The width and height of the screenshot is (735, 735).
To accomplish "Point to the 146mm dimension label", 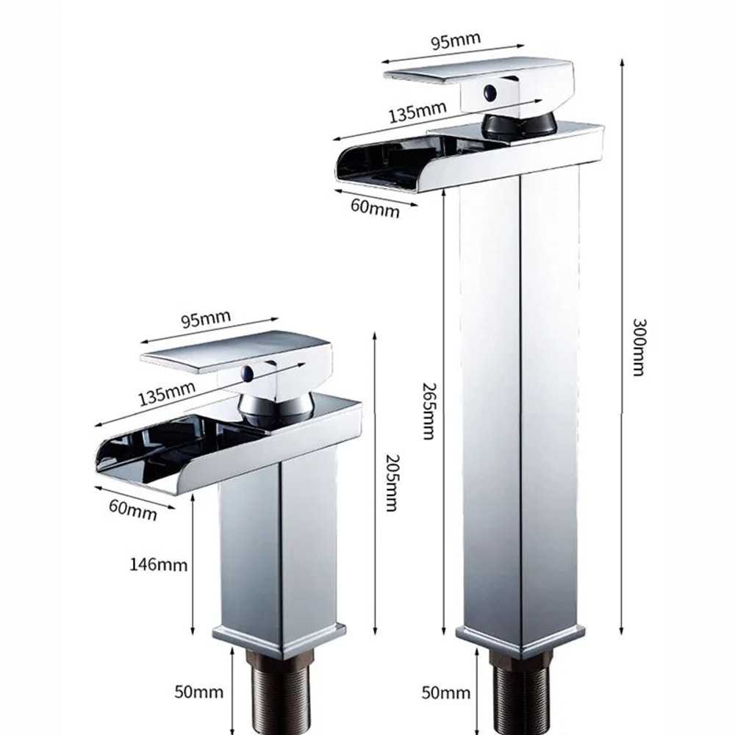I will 158,565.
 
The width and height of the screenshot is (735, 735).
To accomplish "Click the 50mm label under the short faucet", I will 198,692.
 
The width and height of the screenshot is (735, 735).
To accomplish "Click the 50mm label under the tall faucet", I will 445,692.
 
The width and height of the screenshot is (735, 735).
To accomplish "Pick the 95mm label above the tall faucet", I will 455,40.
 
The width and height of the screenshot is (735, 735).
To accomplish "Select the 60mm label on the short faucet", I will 132,508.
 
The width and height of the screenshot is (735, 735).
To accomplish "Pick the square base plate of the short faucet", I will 279,639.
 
